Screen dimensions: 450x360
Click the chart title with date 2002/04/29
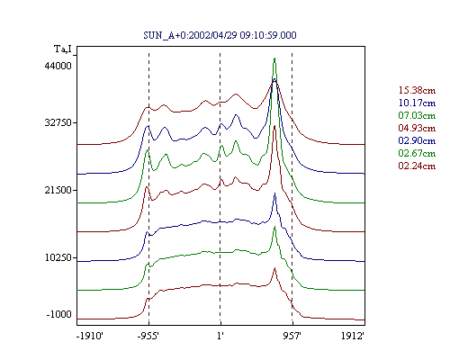point(220,35)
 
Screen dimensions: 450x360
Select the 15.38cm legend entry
point(417,90)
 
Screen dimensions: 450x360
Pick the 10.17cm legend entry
point(417,103)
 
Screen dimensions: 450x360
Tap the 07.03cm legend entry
point(417,115)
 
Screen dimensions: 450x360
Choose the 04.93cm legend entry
point(417,128)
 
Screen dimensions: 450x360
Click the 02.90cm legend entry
point(417,140)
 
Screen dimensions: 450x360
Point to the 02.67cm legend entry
point(417,153)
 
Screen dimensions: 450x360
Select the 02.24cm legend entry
point(417,166)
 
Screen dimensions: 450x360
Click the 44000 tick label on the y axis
point(58,66)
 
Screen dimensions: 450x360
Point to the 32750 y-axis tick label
point(58,122)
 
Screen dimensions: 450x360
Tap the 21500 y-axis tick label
point(58,190)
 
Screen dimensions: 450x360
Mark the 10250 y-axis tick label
point(58,257)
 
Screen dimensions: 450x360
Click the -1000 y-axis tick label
point(58,314)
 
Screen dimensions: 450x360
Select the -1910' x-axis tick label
point(90,336)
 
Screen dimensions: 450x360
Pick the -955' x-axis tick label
point(148,336)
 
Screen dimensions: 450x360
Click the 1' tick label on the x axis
point(220,336)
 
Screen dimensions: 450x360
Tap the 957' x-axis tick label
point(292,336)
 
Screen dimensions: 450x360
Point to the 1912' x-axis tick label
point(353,336)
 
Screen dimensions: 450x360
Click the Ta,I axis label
point(63,49)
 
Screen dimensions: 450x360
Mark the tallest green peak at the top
point(274,58)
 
